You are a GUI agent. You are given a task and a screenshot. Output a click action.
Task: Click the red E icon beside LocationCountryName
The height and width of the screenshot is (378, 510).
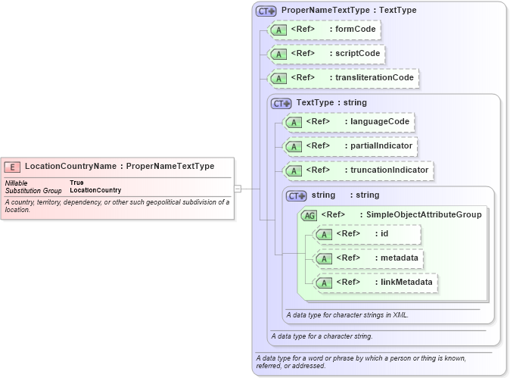point(13,167)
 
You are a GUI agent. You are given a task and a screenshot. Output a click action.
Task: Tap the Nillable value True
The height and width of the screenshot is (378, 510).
point(76,183)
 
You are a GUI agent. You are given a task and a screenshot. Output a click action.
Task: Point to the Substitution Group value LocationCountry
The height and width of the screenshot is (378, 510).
point(95,190)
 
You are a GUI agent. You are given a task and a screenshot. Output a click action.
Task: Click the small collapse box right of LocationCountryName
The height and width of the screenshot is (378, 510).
point(237,189)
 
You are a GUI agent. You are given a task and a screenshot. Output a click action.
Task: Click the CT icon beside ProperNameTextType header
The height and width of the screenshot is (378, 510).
point(266,11)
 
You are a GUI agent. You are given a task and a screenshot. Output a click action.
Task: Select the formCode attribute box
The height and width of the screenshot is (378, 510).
point(324,30)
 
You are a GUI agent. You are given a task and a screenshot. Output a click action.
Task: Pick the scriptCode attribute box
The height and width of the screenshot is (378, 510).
point(327,55)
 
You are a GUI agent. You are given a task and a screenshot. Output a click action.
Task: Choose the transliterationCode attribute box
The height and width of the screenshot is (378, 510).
point(344,78)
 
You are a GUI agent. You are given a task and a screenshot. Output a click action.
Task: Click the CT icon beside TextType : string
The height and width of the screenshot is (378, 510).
point(281,103)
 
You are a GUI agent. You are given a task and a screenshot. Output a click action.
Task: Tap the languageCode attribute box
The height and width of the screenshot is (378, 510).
point(348,122)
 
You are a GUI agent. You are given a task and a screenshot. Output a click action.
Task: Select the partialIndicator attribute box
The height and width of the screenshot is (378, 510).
point(350,146)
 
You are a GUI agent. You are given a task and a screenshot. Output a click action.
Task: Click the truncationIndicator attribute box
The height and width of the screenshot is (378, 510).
point(357,170)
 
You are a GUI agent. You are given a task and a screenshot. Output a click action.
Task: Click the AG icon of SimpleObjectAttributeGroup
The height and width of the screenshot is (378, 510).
point(309,215)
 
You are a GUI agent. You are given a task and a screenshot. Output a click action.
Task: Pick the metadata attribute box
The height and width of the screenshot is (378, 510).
point(367,258)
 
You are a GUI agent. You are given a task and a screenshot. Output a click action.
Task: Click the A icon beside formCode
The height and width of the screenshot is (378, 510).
point(278,30)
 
